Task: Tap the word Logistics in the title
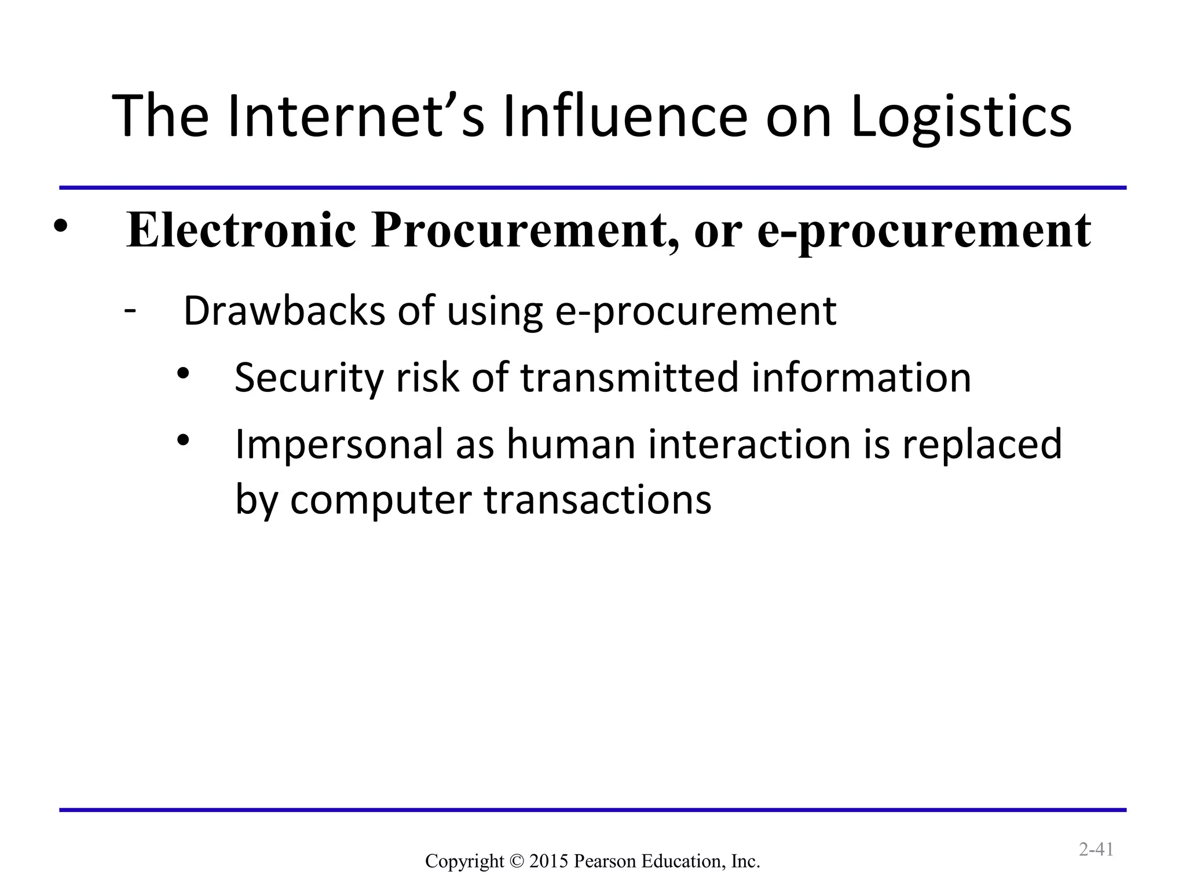(x=961, y=117)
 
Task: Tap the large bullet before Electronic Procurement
(x=60, y=227)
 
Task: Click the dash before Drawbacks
(x=130, y=310)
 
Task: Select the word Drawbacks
(x=284, y=311)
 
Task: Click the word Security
(x=309, y=378)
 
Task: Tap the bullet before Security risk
(x=184, y=374)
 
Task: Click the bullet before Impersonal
(x=184, y=441)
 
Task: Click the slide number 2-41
(x=1096, y=850)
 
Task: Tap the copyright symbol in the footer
(x=517, y=861)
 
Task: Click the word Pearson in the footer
(x=600, y=861)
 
